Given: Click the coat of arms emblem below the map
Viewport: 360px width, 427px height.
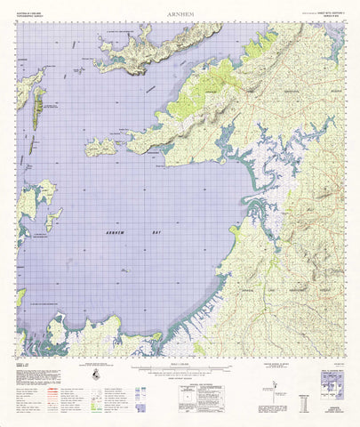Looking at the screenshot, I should pos(95,378).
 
